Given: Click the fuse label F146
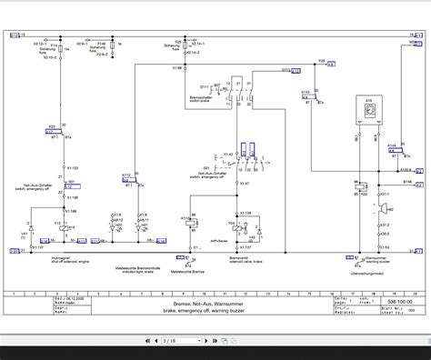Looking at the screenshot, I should click(103, 43).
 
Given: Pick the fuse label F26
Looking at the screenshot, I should click(321, 60).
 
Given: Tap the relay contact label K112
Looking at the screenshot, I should click(126, 149).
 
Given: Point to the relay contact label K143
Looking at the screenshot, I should click(305, 92).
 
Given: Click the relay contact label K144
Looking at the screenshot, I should click(392, 145).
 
